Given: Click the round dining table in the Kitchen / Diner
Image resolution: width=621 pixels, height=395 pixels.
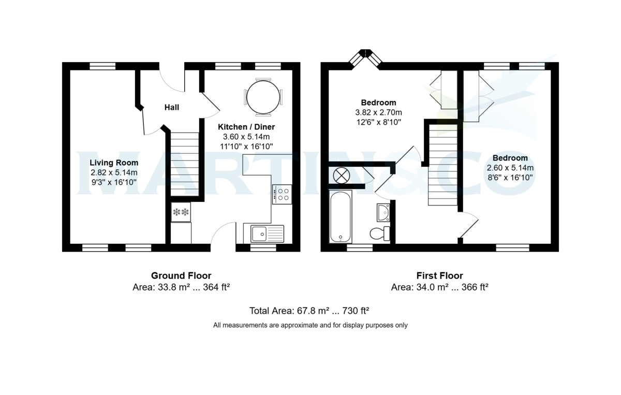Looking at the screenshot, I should coord(263,97).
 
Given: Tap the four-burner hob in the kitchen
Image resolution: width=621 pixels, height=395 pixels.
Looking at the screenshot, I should coord(282,194).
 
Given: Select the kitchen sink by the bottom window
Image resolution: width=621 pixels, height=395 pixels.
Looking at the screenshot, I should coord(267,233).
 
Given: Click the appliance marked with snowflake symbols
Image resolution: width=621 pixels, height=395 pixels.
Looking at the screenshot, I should coord(181,212).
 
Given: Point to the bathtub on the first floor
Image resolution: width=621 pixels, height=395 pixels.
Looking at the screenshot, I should coord(341,217).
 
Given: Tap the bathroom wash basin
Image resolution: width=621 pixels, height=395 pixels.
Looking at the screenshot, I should coord(383,211).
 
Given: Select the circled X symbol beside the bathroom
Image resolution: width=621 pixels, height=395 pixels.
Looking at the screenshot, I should coord(341,175).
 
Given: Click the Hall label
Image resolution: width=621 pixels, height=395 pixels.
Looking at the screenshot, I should coord(172,108).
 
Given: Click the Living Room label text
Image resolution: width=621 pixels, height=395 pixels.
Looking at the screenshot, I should coord(114,163).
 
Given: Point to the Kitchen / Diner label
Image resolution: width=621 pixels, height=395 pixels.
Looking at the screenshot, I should coord(246,127).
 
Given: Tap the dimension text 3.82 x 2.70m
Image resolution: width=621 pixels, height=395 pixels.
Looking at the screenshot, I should coord(378,112).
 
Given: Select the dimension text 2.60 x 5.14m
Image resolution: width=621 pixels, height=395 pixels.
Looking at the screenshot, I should coord(510,168).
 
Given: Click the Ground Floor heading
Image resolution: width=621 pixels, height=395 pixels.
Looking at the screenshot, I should coord(181,276).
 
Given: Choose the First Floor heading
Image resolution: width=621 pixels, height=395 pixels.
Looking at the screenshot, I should coord(439,276).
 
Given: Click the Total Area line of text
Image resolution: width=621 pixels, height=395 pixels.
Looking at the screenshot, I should coord(309,311).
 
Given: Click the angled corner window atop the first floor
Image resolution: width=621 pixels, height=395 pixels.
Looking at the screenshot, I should coord(366,56).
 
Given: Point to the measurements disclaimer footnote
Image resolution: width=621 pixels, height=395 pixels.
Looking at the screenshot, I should coord(310,326).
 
